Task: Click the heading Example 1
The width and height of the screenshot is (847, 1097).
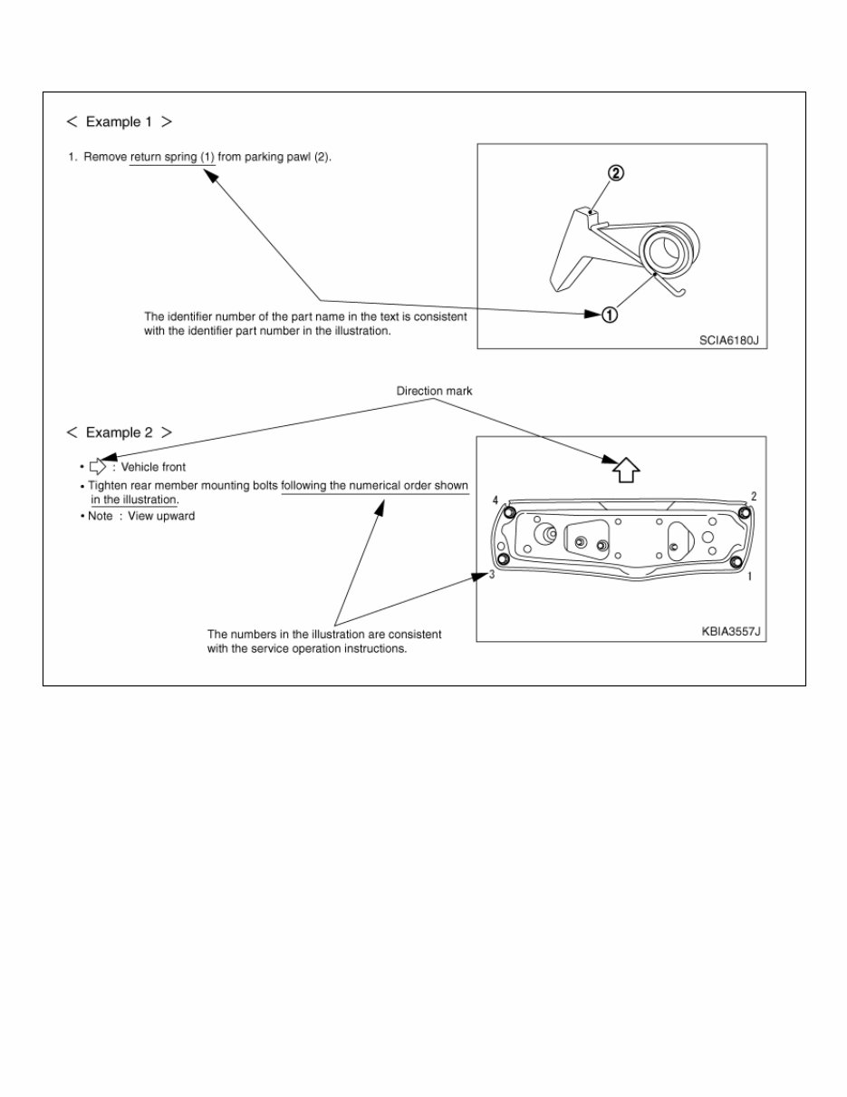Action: click(119, 121)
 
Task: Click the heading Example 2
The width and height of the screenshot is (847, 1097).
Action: click(119, 432)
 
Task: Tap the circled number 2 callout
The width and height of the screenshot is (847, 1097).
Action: click(615, 174)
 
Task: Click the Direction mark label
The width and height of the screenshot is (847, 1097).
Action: click(434, 391)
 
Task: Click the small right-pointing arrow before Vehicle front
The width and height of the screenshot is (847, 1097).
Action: click(98, 468)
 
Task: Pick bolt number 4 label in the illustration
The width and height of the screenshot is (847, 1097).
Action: click(496, 500)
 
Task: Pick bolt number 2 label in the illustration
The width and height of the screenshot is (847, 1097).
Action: click(754, 497)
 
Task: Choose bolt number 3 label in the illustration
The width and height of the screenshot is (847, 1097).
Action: click(492, 575)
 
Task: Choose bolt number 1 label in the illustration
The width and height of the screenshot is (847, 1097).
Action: click(749, 576)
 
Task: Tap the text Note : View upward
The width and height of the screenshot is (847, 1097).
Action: click(140, 516)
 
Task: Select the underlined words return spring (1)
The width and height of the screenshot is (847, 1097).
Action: click(172, 157)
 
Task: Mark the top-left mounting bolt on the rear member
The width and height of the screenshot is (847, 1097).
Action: click(509, 514)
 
